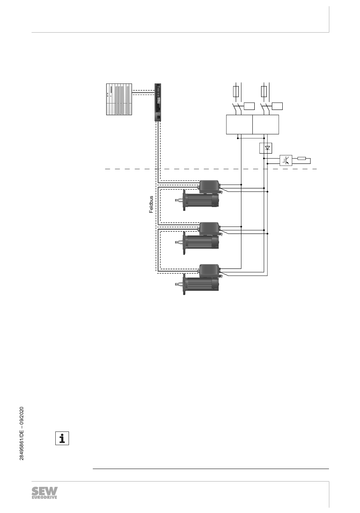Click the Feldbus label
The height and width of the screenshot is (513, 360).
151,205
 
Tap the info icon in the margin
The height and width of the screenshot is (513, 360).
62,438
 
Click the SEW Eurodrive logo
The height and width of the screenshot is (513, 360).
45,493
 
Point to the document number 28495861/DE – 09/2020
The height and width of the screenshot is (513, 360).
22,433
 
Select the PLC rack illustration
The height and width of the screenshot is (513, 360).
118,99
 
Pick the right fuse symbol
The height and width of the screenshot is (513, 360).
265,91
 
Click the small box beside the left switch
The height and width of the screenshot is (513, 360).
249,106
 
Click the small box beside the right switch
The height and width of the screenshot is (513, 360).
277,106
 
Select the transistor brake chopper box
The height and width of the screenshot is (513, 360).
286,161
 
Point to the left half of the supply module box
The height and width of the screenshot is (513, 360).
239,124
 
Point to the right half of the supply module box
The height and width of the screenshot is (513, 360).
266,124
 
